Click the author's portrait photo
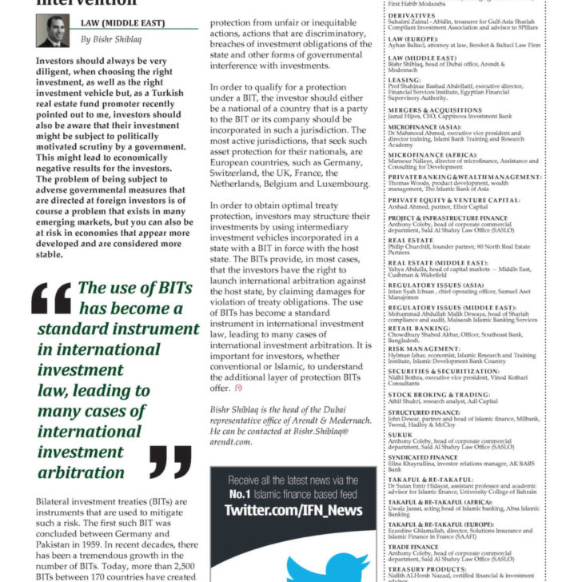tap(52, 31)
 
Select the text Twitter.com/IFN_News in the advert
tap(293, 510)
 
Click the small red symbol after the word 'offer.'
tap(237, 388)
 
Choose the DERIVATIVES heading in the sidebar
tap(413, 14)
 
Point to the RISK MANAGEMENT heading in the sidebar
tap(421, 348)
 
